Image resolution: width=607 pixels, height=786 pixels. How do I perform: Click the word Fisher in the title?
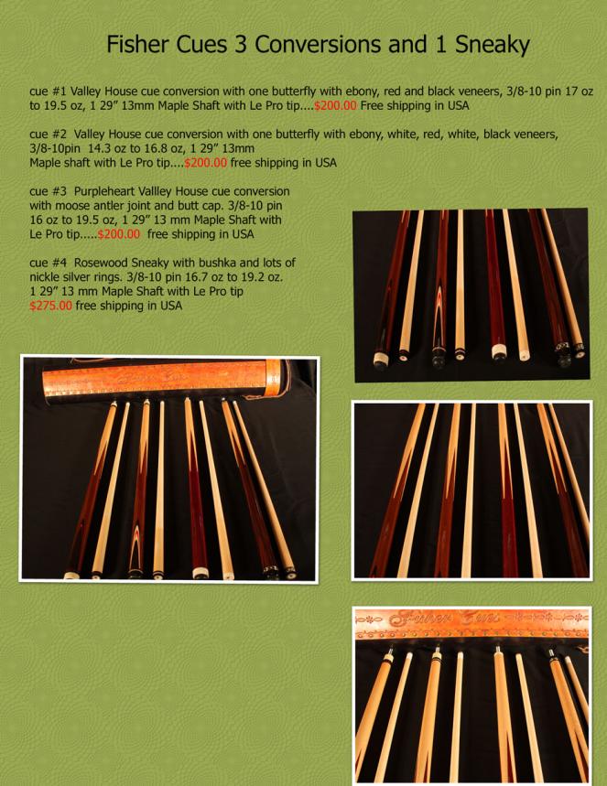137,45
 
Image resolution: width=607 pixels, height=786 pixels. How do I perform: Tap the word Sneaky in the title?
492,46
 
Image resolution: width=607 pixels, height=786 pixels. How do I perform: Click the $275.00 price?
50,306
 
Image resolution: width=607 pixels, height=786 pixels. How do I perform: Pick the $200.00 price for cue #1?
336,105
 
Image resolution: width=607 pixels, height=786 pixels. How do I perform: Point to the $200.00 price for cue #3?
118,234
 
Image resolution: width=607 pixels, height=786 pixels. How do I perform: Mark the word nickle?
45,276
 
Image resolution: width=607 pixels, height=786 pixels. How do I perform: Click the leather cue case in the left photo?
167,380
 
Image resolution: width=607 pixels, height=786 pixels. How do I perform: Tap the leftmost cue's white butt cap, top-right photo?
380,358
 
